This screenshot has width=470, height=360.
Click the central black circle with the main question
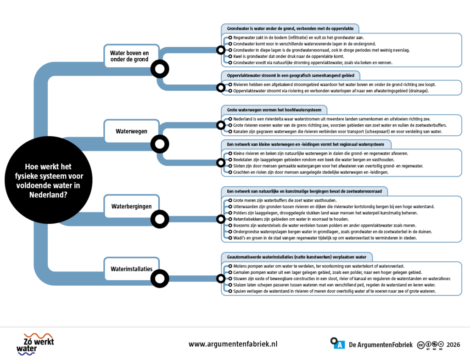(x=49, y=180)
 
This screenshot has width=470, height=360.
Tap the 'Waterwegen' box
(x=131, y=131)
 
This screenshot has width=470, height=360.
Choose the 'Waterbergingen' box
(x=131, y=206)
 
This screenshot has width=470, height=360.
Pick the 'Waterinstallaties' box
(x=131, y=269)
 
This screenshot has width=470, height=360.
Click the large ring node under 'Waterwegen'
(x=160, y=144)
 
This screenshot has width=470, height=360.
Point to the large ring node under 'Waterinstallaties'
(x=160, y=279)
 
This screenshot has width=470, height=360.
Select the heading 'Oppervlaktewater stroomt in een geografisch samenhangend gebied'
(x=291, y=76)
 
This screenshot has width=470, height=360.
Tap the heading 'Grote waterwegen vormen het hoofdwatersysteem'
(x=274, y=110)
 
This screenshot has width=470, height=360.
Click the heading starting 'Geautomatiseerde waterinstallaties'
(x=297, y=257)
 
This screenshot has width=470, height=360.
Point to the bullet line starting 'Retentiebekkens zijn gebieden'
(x=291, y=219)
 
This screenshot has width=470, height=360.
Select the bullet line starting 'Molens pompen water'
(x=319, y=266)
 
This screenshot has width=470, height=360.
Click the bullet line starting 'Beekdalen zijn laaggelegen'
(x=314, y=160)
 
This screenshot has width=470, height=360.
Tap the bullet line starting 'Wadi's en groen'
(x=325, y=238)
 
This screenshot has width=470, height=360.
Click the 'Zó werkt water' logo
(x=35, y=344)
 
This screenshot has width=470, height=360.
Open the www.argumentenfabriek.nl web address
(x=233, y=344)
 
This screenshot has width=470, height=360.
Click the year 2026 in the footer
(x=453, y=345)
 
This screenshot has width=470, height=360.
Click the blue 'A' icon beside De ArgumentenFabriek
(x=340, y=345)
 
